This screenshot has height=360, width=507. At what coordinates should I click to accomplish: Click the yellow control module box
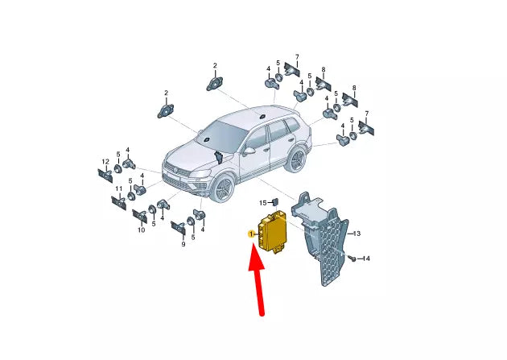[x=276, y=234]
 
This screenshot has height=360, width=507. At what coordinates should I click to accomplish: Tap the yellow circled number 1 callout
[x=251, y=234]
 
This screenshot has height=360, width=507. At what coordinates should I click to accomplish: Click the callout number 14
[x=365, y=259]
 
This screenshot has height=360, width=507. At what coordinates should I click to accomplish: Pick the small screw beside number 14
[x=352, y=258]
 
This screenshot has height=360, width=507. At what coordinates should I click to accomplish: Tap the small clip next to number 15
[x=274, y=201]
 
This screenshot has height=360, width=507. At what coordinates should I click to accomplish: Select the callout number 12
[x=105, y=162]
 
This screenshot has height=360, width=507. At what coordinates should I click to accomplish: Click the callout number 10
[x=140, y=230]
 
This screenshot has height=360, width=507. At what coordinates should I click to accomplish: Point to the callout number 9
[x=182, y=243]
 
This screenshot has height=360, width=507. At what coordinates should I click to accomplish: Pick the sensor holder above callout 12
[x=105, y=176]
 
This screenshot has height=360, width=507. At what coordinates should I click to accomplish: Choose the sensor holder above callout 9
[x=178, y=227]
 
